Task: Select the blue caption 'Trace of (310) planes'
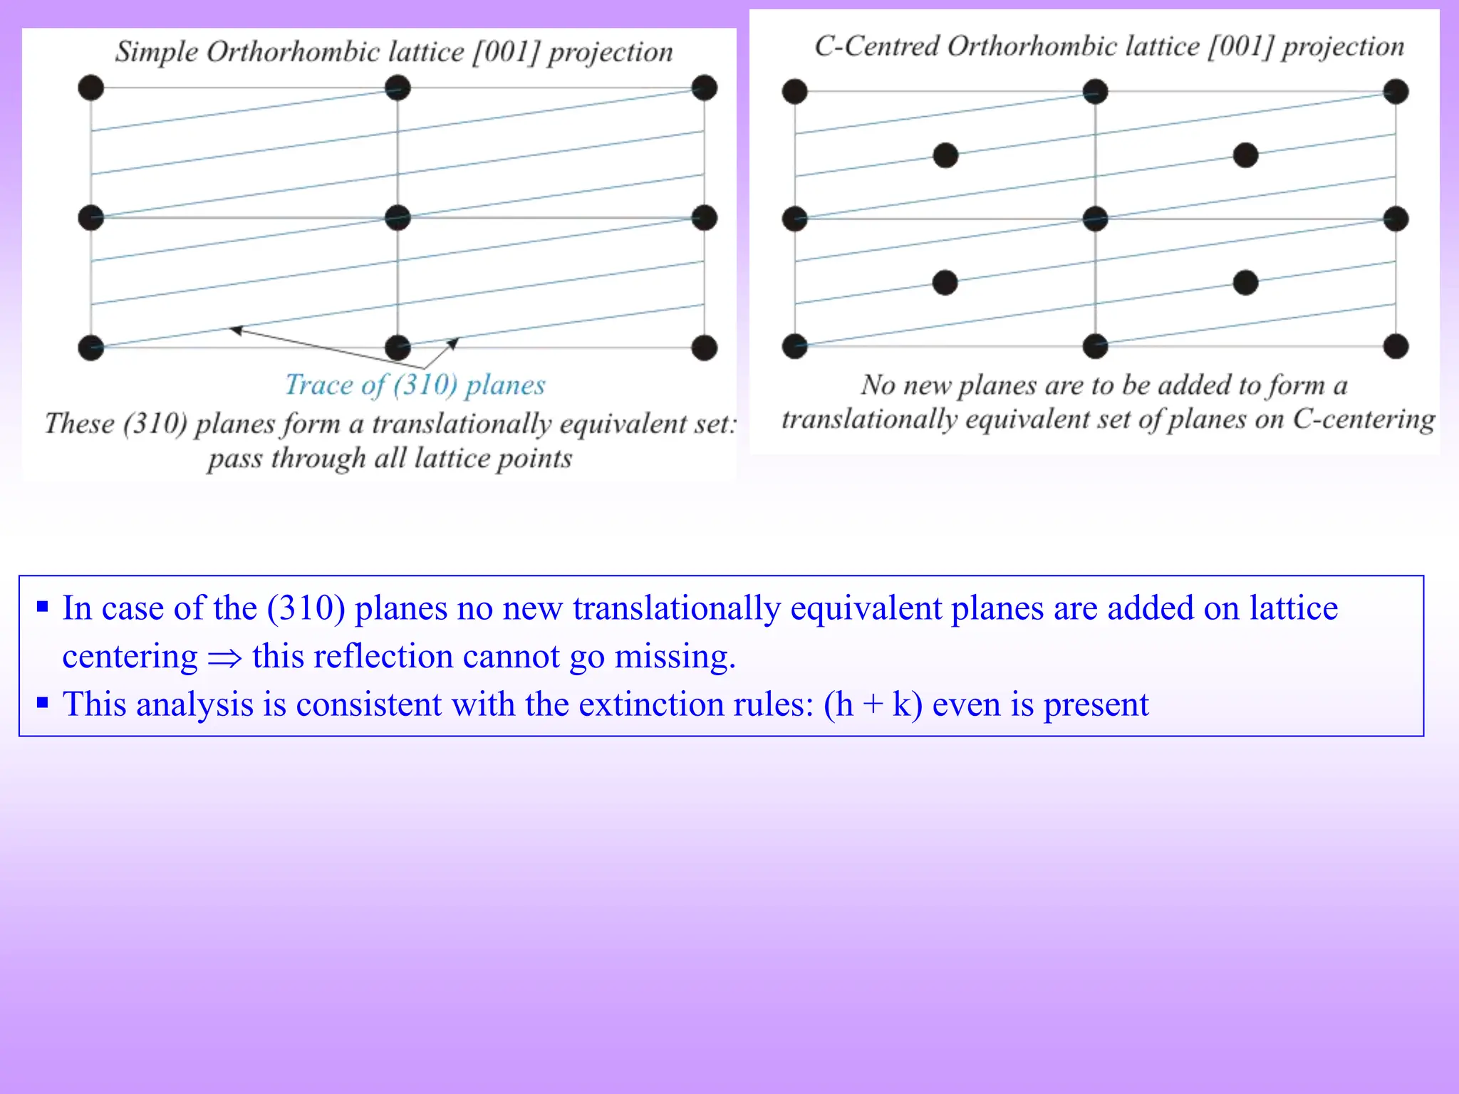(x=415, y=385)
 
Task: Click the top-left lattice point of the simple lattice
(x=91, y=88)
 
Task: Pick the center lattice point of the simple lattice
(x=398, y=218)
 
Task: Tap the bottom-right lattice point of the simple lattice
(x=704, y=348)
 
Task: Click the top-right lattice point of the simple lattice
(x=704, y=88)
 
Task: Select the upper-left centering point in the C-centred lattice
(x=945, y=155)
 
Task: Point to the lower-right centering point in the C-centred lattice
(x=1245, y=283)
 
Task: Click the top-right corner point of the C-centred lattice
(x=1396, y=92)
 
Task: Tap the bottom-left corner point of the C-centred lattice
(x=795, y=346)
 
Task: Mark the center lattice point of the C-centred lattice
(x=1095, y=219)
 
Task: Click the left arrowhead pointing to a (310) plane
(x=236, y=330)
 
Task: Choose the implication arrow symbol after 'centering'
(x=225, y=658)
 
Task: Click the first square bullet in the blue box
(x=43, y=608)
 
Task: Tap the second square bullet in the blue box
(x=43, y=704)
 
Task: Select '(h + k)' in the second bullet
(x=873, y=704)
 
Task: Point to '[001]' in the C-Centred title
(x=1240, y=47)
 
